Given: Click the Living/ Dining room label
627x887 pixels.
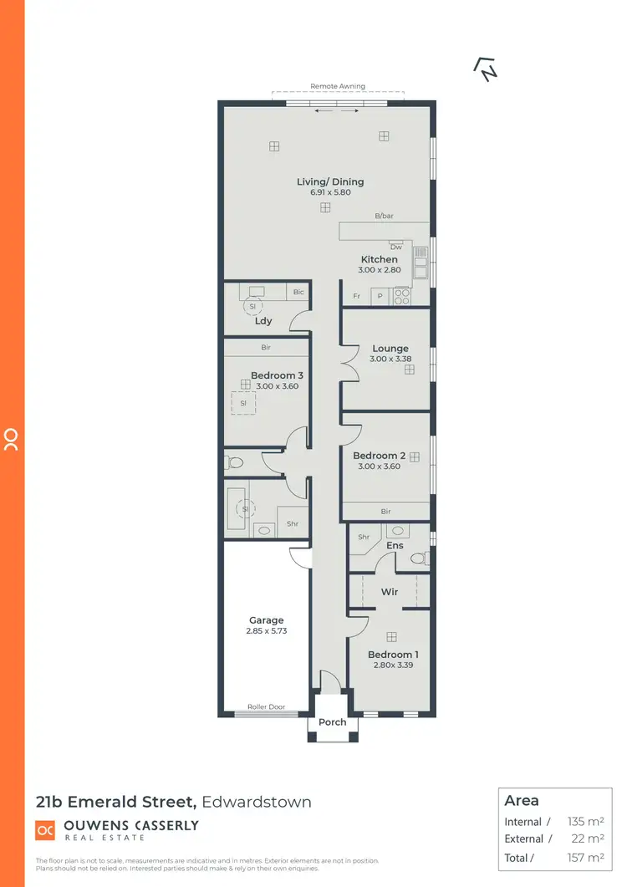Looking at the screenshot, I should (330, 181).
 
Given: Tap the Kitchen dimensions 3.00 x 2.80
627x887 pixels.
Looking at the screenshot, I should (380, 270).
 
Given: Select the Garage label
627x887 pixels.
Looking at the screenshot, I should (266, 620).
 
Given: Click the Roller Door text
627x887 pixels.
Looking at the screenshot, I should (266, 706).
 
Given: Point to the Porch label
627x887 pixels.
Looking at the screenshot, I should (332, 722).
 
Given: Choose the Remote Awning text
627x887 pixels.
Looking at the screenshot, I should (338, 86).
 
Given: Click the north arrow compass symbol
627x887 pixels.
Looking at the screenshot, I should (485, 69).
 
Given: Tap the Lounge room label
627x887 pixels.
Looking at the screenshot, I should (390, 349).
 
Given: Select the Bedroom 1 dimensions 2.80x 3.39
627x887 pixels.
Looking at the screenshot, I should (391, 665).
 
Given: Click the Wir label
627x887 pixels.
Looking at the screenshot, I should (390, 592).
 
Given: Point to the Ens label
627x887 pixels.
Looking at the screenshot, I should (395, 545).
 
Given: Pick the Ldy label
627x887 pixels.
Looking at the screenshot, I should (263, 321).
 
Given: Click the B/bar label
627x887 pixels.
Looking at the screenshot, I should (384, 217).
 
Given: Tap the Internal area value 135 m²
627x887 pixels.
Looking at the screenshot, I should (585, 822).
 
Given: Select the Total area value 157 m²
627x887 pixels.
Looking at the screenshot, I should (585, 858).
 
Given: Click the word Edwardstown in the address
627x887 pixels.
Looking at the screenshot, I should (257, 803).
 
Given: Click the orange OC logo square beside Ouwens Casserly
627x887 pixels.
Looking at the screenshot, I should (45, 830).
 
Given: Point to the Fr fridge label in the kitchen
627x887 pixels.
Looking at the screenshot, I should (356, 296).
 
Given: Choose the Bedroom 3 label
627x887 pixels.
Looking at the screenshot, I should (277, 375).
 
